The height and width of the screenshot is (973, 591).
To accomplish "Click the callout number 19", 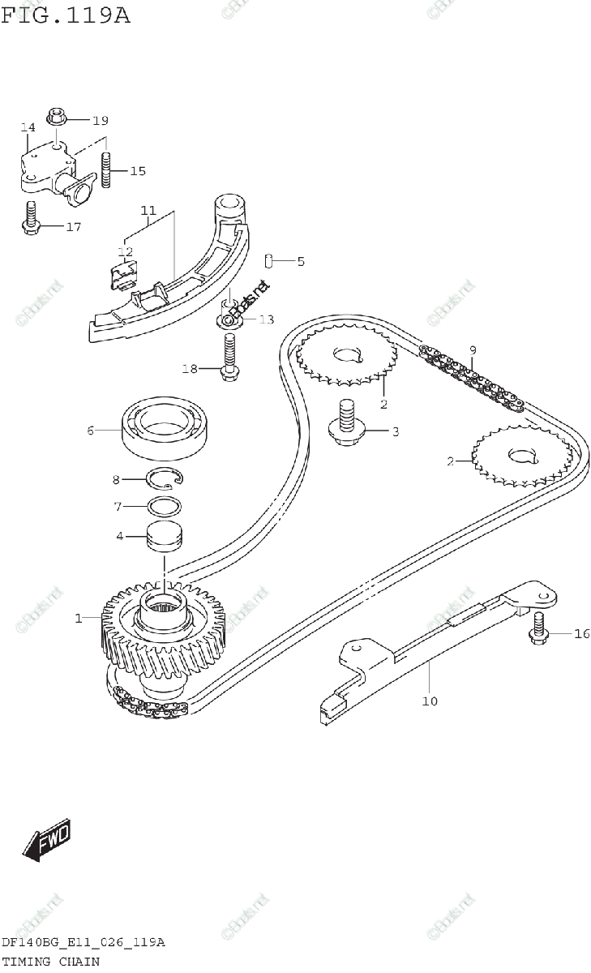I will click(100, 121).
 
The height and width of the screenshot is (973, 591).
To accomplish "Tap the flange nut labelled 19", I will click(58, 118).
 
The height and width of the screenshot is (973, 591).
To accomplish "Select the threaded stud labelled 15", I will click(106, 171).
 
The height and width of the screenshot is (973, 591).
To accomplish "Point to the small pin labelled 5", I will click(269, 261).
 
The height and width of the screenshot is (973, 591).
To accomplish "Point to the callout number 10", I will click(429, 700).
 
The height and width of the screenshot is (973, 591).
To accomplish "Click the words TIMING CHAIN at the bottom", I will click(50, 962).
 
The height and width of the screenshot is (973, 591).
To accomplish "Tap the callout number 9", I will click(472, 350).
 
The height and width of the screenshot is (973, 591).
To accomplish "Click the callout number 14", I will click(28, 127).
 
